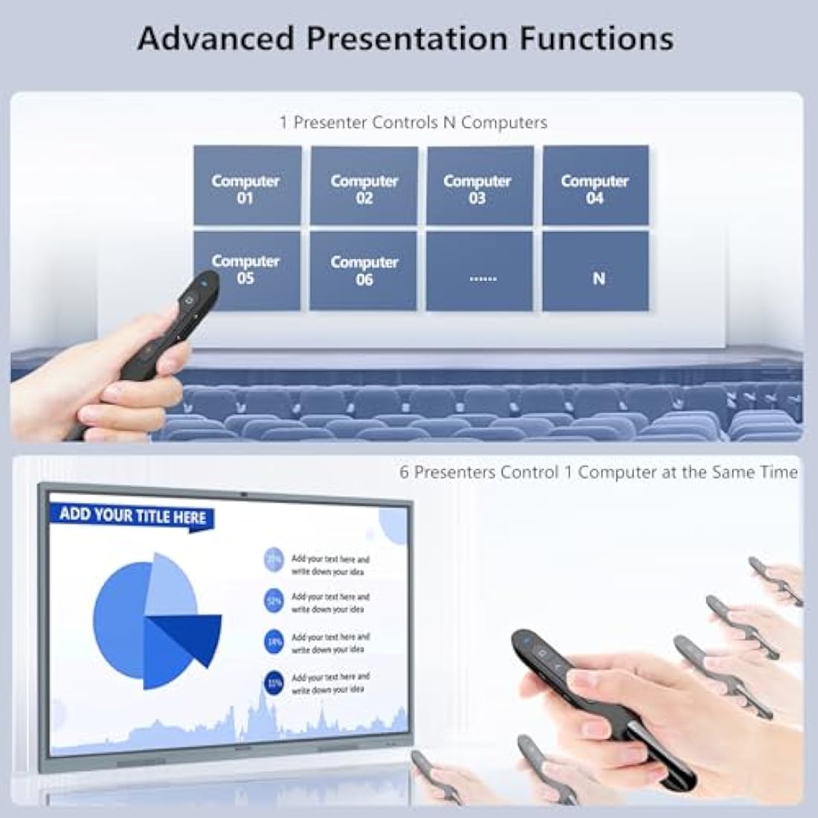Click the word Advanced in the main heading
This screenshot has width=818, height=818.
(216, 39)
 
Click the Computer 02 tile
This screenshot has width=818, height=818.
(364, 186)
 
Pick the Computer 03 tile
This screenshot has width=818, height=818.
(480, 186)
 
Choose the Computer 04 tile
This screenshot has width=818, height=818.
(595, 186)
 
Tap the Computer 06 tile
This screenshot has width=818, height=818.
(364, 271)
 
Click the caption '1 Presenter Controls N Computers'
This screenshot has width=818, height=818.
(413, 123)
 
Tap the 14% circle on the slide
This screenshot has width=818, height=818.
(274, 642)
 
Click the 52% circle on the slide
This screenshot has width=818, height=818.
(274, 601)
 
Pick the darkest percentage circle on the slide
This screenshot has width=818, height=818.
(274, 682)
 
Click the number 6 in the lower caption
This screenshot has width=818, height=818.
(405, 472)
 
